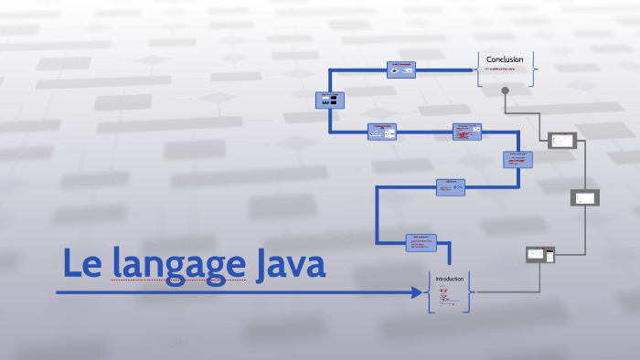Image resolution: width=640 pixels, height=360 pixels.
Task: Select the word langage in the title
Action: pyautogui.click(x=179, y=265)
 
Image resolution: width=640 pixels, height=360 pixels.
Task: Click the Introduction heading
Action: pyautogui.click(x=449, y=279)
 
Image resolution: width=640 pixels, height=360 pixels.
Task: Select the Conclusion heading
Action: pyautogui.click(x=505, y=59)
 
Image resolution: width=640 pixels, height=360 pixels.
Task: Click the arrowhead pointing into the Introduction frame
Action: pyautogui.click(x=421, y=292)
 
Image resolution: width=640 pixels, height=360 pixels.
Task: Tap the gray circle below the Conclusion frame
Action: pyautogui.click(x=505, y=90)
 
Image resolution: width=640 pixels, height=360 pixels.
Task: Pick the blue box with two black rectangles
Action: pyautogui.click(x=328, y=101)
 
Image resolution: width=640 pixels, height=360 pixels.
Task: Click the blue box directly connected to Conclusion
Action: pyautogui.click(x=401, y=69)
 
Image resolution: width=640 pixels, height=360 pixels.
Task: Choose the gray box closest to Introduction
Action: pyautogui.click(x=540, y=255)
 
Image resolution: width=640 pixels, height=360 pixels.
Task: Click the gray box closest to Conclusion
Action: pyautogui.click(x=561, y=141)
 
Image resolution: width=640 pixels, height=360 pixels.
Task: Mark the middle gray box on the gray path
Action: pyautogui.click(x=584, y=197)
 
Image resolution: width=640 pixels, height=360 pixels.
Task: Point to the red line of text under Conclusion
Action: pyautogui.click(x=504, y=69)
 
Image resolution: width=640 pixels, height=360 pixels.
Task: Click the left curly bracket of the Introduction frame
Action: pyautogui.click(x=429, y=292)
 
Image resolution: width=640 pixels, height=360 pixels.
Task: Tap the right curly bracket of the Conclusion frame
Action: pyautogui.click(x=533, y=68)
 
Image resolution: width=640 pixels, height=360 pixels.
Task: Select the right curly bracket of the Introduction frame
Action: pyautogui.click(x=470, y=292)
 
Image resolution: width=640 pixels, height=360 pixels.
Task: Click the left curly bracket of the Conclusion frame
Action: pyautogui.click(x=477, y=68)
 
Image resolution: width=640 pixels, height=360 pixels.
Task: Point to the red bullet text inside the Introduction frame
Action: pyautogui.click(x=444, y=295)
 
